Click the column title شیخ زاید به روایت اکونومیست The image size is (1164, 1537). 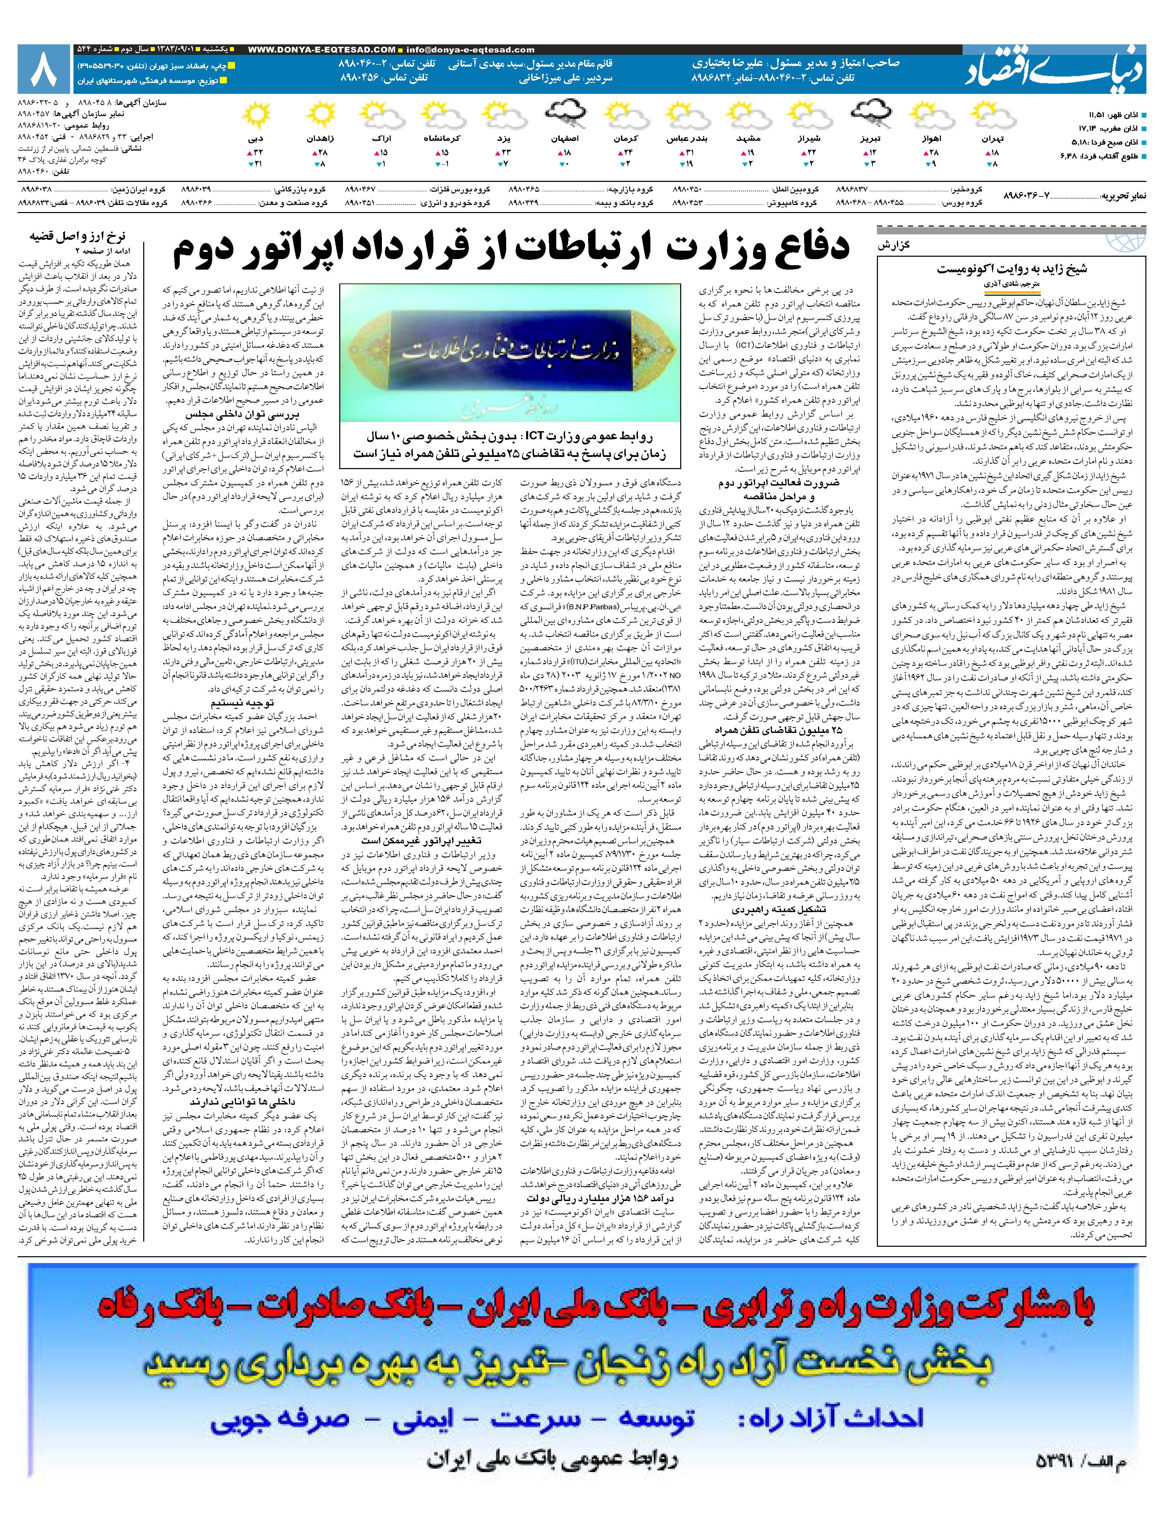[1011, 269]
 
